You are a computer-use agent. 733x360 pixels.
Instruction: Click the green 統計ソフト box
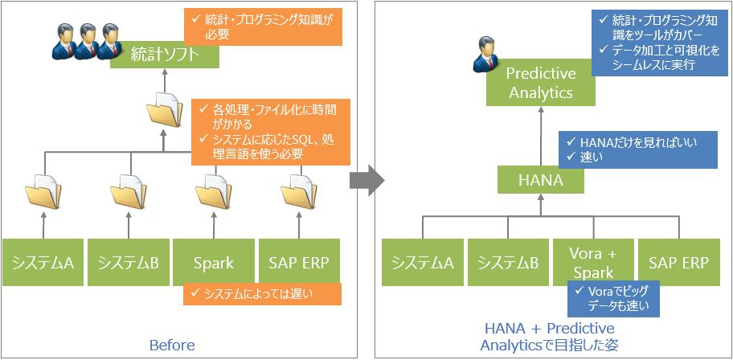(165, 55)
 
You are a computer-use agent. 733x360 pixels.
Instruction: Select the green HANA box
(541, 180)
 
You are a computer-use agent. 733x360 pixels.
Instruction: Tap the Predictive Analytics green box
(541, 82)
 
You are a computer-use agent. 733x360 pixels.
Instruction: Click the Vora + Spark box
(593, 262)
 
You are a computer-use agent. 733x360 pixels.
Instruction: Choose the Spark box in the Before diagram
(214, 262)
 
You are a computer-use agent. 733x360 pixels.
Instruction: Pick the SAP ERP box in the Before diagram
(299, 262)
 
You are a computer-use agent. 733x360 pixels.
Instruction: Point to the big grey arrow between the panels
(367, 179)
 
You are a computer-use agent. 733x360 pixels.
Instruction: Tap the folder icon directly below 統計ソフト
(165, 109)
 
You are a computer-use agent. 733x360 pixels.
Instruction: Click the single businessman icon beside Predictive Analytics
(485, 55)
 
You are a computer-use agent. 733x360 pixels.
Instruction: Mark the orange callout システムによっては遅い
(262, 293)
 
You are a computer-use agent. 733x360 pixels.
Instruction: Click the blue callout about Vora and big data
(613, 299)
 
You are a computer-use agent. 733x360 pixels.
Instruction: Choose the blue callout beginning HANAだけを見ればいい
(638, 149)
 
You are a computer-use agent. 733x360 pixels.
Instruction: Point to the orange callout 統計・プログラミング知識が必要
(263, 27)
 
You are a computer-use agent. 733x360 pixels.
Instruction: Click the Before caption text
(172, 346)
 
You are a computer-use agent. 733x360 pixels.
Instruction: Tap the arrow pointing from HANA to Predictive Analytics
(541, 137)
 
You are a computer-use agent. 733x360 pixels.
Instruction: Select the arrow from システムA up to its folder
(44, 223)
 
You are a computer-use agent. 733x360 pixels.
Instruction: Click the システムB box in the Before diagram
(129, 262)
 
